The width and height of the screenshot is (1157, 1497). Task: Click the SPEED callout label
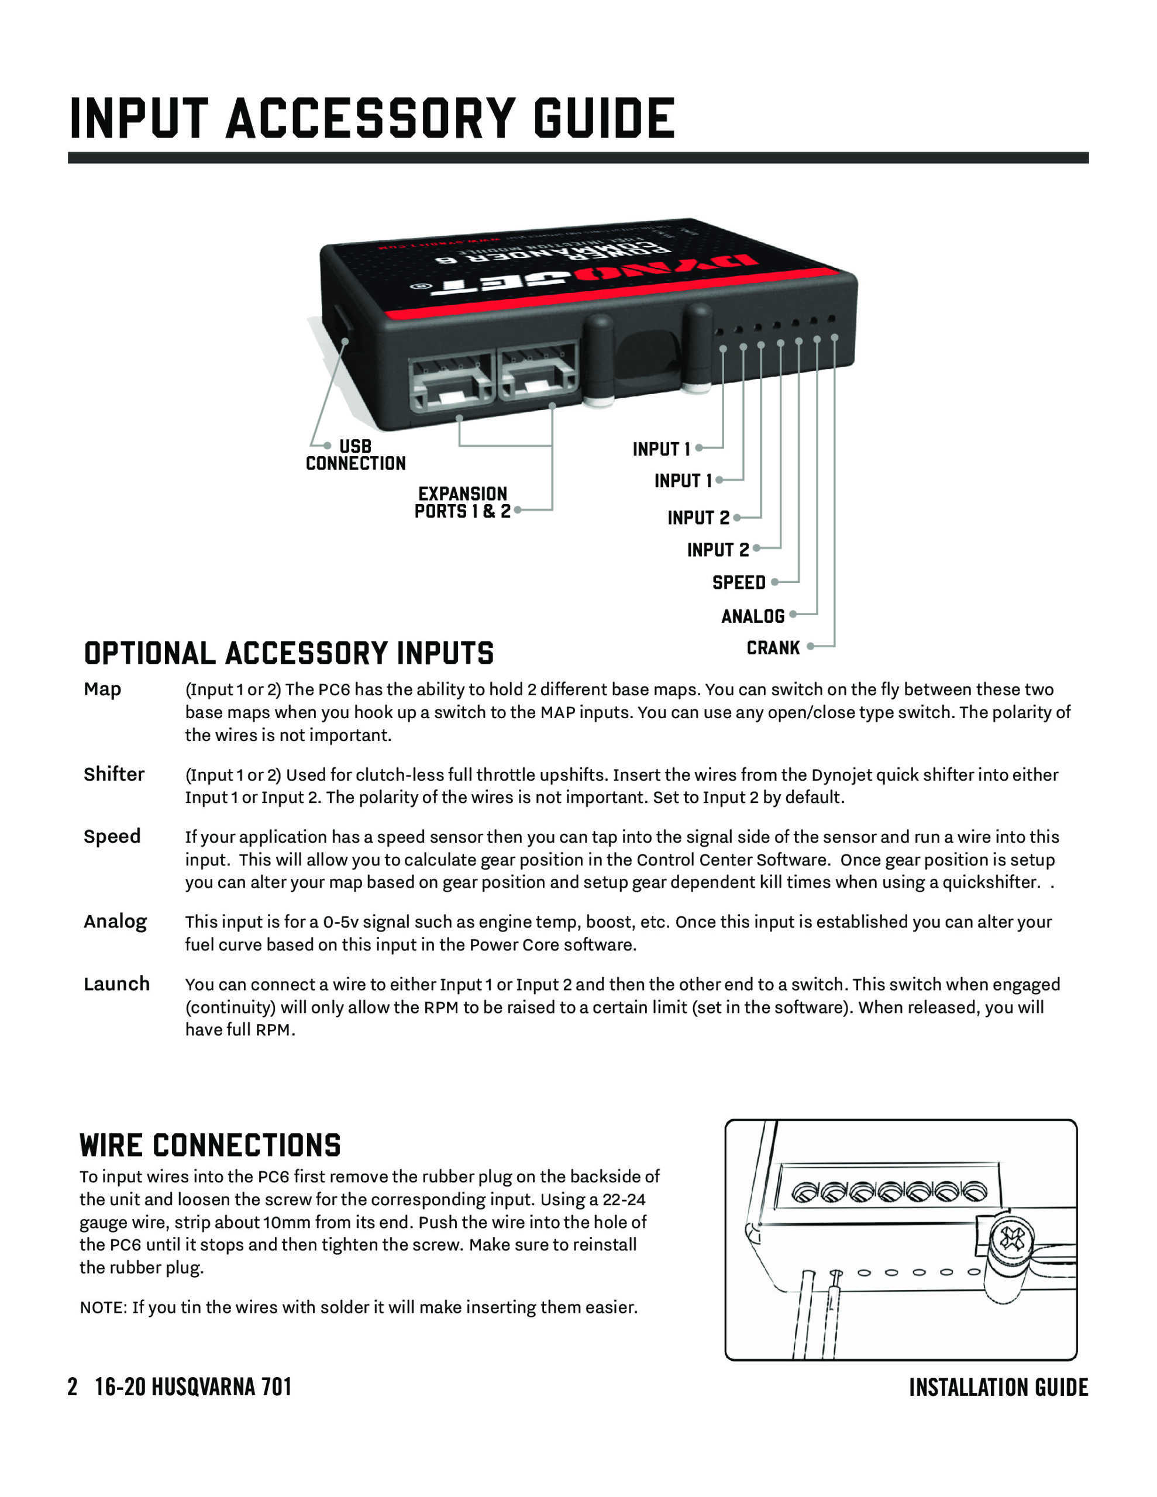point(739,582)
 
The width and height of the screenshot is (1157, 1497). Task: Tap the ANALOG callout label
point(752,616)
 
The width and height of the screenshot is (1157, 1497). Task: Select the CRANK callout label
point(773,648)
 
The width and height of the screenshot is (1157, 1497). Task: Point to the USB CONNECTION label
point(355,455)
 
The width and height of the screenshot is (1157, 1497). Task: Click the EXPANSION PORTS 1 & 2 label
point(462,502)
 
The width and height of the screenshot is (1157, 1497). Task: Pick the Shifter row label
point(114,775)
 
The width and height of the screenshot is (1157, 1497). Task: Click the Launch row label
point(116,984)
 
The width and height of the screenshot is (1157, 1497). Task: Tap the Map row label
point(102,689)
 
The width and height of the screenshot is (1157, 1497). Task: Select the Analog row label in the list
point(115,922)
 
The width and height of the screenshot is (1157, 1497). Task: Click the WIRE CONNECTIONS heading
point(210,1146)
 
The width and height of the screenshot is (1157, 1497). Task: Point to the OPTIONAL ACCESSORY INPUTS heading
point(289,653)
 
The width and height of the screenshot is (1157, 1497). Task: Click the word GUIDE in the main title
point(604,119)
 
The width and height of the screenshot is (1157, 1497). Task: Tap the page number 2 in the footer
point(73,1386)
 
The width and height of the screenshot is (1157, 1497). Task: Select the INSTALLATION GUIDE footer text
point(998,1387)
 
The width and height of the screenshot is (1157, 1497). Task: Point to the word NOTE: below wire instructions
point(104,1308)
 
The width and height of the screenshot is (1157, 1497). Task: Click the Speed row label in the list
point(112,837)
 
